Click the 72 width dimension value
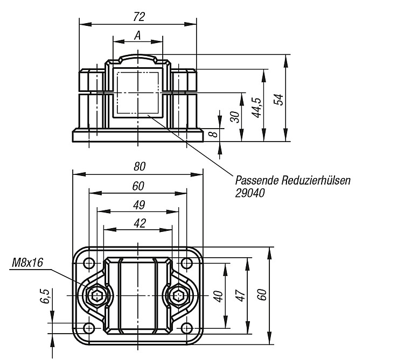pos(139,17)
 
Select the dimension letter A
pos(138,36)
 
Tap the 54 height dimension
pos(278,100)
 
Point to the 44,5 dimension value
pos(257,108)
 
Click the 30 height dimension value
pos(235,117)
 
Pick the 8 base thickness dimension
pos(214,134)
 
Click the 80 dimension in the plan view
pos(140,166)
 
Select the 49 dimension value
pos(139,205)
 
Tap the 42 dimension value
pos(140,223)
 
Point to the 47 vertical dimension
pos(241,295)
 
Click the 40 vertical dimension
pos(218,296)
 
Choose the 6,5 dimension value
pos(45,296)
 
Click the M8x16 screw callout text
pos(27,263)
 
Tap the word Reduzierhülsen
pos(316,180)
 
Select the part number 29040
pos(249,193)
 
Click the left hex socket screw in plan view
pos(97,295)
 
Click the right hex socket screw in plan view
pos(178,295)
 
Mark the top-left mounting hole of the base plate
pos(89,263)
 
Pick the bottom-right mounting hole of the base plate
pos(186,328)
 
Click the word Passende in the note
pos(257,180)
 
